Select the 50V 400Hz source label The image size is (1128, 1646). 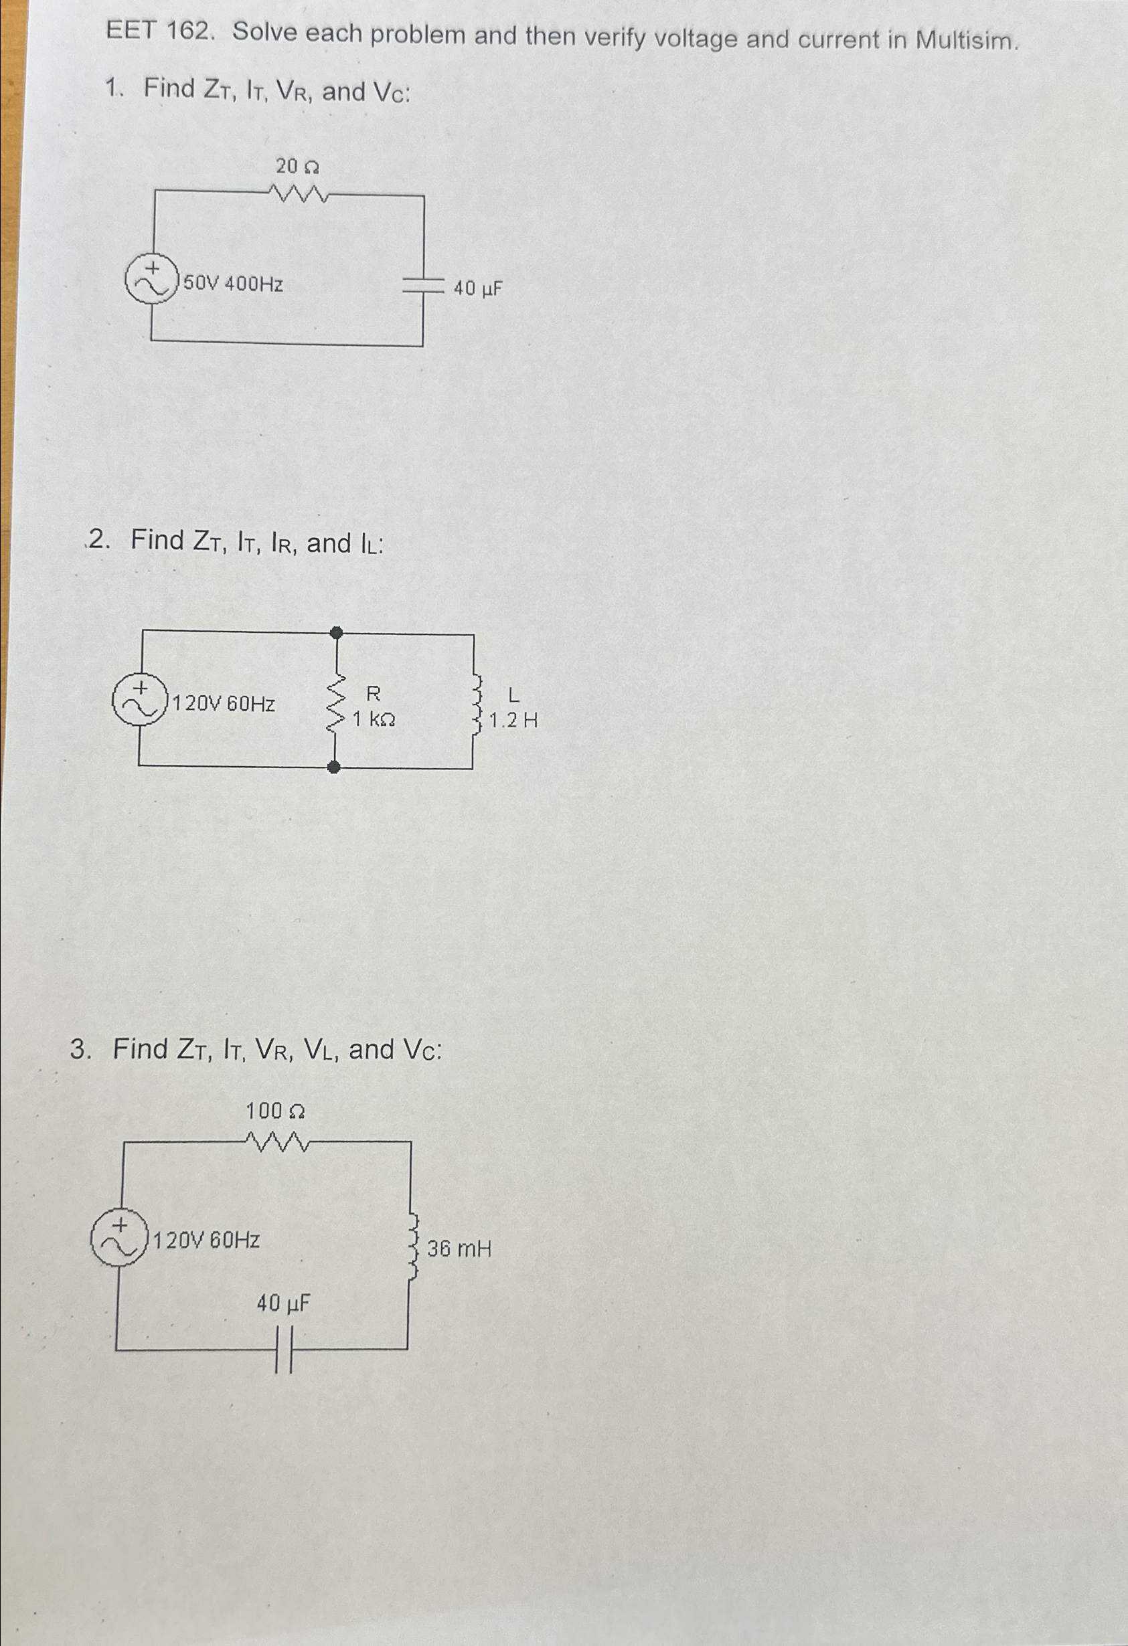[x=233, y=284]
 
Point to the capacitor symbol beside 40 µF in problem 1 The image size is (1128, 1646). [x=423, y=286]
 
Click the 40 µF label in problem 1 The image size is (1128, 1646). [x=477, y=288]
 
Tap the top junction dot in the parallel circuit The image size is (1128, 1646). [x=337, y=632]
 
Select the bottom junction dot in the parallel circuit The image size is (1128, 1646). [x=335, y=766]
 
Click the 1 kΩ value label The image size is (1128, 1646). [x=374, y=719]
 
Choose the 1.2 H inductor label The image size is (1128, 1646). [x=513, y=721]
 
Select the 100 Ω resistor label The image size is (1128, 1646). [x=275, y=1111]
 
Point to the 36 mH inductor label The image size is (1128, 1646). [x=459, y=1248]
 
